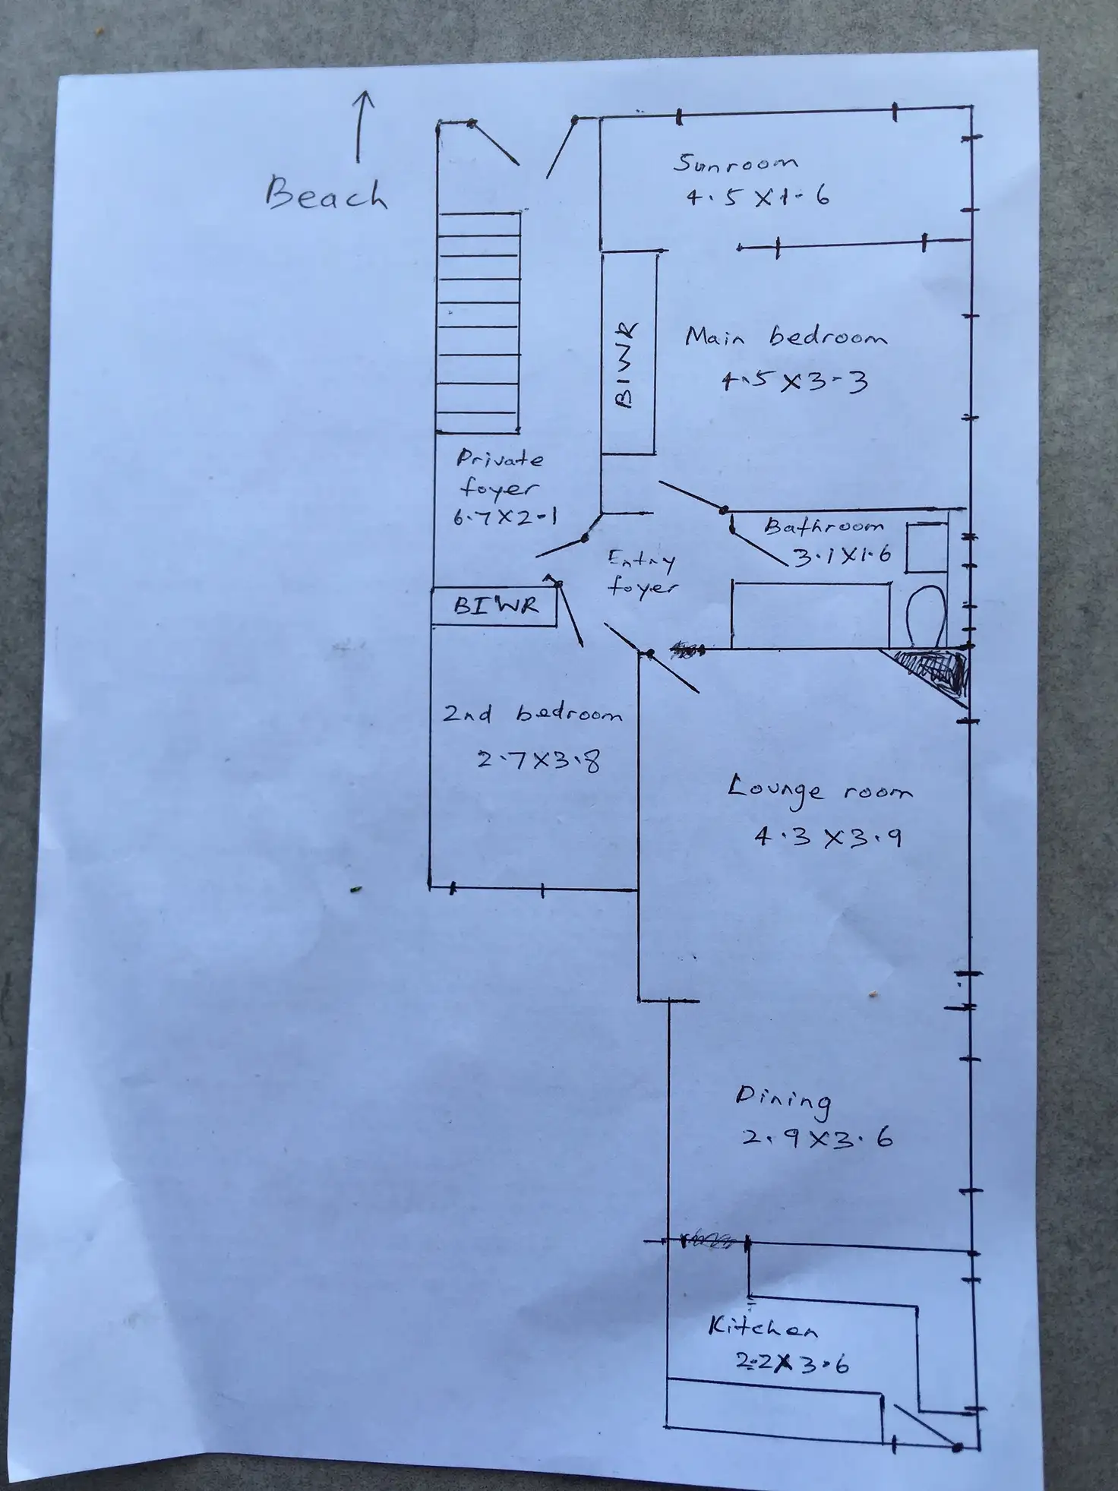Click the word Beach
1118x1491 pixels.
click(x=326, y=194)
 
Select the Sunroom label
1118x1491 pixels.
click(x=736, y=163)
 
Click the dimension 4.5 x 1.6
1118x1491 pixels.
click(x=757, y=197)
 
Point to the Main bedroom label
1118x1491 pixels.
click(x=785, y=336)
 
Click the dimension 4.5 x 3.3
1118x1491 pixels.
click(x=794, y=381)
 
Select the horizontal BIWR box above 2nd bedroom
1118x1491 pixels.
click(x=494, y=605)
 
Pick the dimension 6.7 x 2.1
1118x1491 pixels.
click(x=505, y=518)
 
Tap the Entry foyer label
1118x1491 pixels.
click(x=643, y=573)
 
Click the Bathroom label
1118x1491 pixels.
click(x=824, y=526)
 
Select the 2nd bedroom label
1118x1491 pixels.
click(x=532, y=715)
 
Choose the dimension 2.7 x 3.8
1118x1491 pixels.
click(x=538, y=759)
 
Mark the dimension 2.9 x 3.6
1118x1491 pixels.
click(x=816, y=1139)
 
